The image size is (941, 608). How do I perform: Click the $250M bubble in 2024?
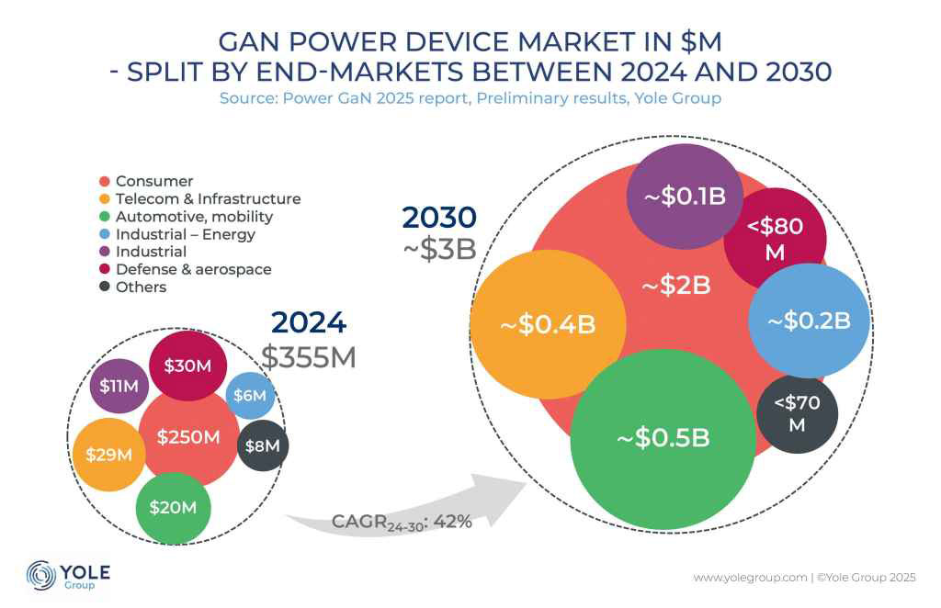(188, 437)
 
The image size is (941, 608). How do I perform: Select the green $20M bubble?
(173, 507)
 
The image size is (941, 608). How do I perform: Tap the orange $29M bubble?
(109, 454)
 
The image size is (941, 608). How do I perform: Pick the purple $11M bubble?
(119, 386)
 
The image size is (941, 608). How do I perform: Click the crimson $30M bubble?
(187, 366)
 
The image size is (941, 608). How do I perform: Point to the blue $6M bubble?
(251, 396)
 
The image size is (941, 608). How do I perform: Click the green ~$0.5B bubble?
(662, 438)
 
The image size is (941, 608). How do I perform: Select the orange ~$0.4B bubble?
(548, 326)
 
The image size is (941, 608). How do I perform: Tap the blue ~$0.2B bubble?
(809, 321)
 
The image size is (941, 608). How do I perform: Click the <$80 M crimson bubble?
(775, 238)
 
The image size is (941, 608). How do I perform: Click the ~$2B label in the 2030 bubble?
(675, 286)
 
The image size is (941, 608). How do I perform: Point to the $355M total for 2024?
(309, 357)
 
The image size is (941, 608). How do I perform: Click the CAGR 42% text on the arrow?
(402, 522)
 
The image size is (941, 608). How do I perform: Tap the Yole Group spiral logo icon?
(40, 575)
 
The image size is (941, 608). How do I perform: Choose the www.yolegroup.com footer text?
(750, 578)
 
